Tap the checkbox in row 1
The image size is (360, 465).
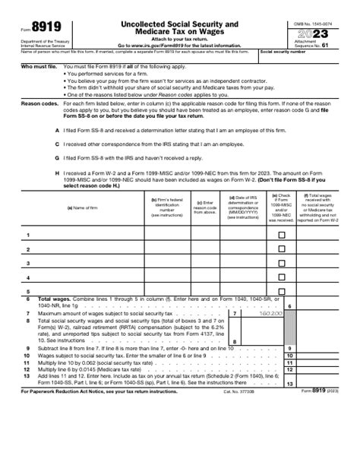pyautogui.click(x=282, y=236)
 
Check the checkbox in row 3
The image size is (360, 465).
pyautogui.click(x=282, y=264)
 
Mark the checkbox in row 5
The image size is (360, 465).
pyautogui.click(x=282, y=291)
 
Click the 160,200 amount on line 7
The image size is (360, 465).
pyautogui.click(x=270, y=312)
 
